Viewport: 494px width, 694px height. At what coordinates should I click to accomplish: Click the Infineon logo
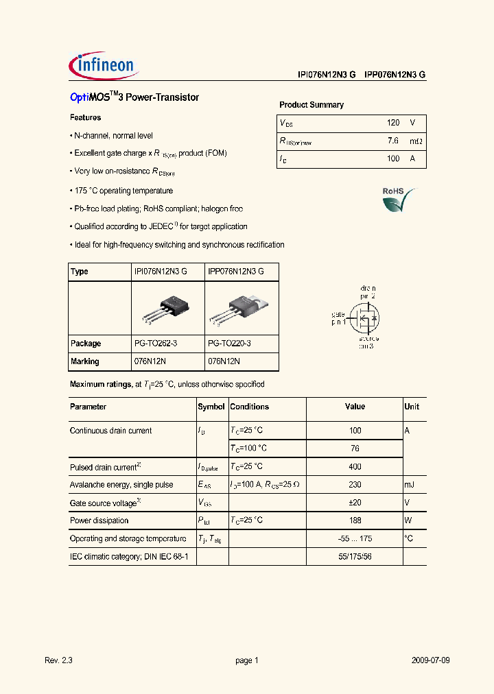click(x=105, y=67)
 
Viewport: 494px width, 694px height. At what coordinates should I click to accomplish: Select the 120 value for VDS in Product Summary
click(x=392, y=123)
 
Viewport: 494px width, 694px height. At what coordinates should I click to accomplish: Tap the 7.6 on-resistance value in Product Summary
click(x=392, y=141)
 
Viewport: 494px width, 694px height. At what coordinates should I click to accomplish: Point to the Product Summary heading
click(x=311, y=105)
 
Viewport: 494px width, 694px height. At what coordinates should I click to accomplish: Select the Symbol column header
click(x=211, y=407)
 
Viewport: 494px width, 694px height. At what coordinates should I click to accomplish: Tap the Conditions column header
click(x=250, y=407)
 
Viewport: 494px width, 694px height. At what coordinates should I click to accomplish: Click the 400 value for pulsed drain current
click(x=355, y=467)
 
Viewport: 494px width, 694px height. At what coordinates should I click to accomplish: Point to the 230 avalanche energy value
click(x=355, y=485)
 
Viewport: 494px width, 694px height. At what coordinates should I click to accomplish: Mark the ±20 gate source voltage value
click(x=355, y=503)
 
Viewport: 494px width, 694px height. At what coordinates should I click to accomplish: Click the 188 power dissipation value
click(x=355, y=520)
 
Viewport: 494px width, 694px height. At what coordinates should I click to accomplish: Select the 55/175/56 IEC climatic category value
click(x=355, y=557)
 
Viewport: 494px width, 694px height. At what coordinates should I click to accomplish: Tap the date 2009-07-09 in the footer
click(x=431, y=660)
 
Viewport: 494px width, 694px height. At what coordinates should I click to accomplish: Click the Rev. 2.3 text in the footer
click(x=58, y=660)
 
